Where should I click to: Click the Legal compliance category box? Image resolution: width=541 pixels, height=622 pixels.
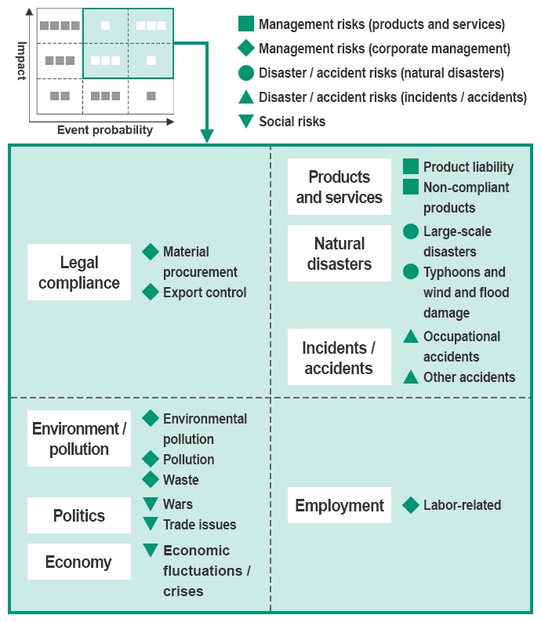pyautogui.click(x=79, y=272)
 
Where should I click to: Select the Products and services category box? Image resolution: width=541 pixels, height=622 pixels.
pyautogui.click(x=339, y=187)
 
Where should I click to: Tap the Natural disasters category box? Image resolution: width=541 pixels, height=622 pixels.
pyautogui.click(x=339, y=253)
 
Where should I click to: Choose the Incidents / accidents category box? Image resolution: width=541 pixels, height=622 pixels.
pyautogui.click(x=339, y=358)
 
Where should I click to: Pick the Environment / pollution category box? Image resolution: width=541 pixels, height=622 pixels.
pyautogui.click(x=79, y=438)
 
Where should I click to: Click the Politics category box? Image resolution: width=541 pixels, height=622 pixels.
pyautogui.click(x=79, y=515)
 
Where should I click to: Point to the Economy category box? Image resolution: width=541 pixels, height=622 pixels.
pyautogui.click(x=79, y=562)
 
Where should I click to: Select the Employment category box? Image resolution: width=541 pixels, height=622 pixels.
pyautogui.click(x=339, y=506)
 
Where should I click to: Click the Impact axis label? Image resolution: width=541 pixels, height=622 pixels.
pyautogui.click(x=21, y=61)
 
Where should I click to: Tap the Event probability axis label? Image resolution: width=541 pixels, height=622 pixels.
pyautogui.click(x=105, y=130)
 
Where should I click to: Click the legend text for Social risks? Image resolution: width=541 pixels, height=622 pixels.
pyautogui.click(x=292, y=121)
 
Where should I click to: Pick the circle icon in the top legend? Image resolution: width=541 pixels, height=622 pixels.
pyautogui.click(x=246, y=73)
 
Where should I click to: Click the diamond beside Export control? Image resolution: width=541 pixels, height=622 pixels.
pyautogui.click(x=151, y=292)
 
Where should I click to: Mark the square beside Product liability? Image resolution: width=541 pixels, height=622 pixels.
pyautogui.click(x=411, y=166)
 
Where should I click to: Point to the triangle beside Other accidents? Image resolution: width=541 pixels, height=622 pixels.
pyautogui.click(x=411, y=376)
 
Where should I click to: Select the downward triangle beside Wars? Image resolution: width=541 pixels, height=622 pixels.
pyautogui.click(x=151, y=504)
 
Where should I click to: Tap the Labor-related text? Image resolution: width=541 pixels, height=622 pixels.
pyautogui.click(x=462, y=505)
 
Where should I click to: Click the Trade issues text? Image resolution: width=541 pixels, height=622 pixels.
pyautogui.click(x=199, y=525)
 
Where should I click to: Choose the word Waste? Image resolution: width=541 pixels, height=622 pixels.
pyautogui.click(x=181, y=479)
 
